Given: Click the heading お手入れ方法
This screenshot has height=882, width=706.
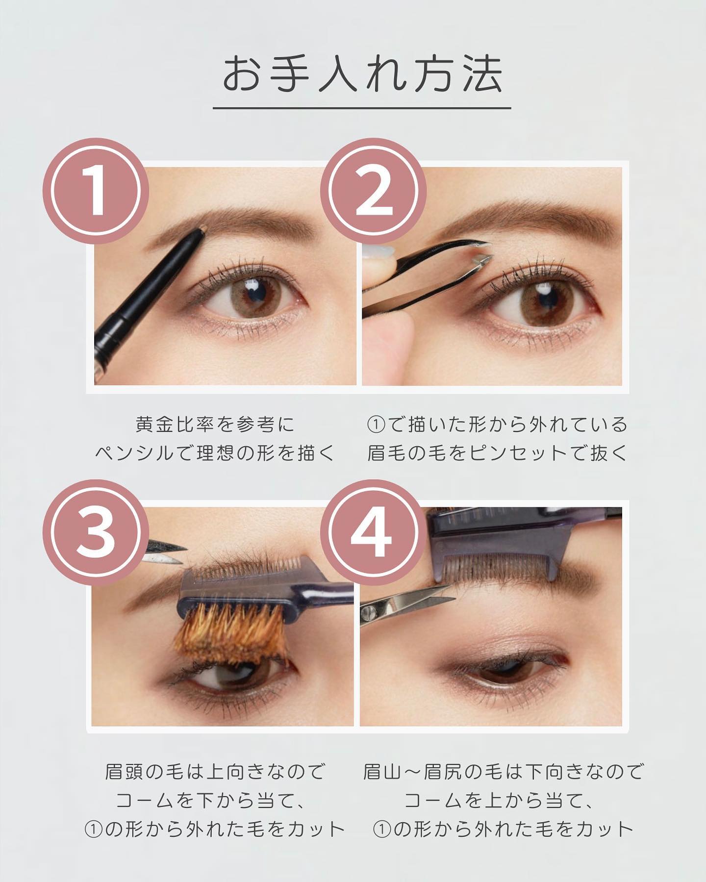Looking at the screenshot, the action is click(362, 76).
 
